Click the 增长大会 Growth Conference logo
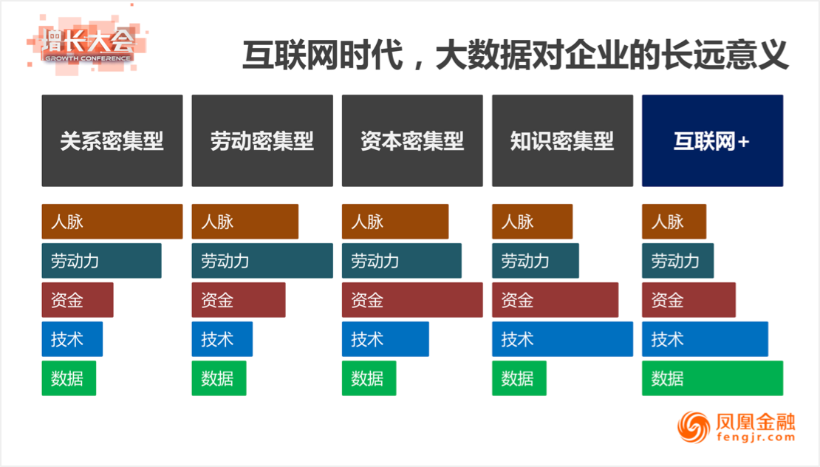(86, 44)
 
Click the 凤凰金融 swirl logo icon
(694, 426)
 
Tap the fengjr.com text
(756, 437)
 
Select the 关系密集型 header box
(112, 140)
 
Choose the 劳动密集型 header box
(262, 140)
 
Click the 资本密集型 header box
(412, 140)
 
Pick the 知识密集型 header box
(562, 140)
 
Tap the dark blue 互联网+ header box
(712, 140)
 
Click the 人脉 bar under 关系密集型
(112, 222)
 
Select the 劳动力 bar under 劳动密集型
(262, 260)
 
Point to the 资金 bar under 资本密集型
(412, 300)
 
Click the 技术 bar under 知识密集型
(562, 339)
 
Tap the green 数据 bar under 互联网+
(712, 378)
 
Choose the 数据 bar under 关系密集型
(69, 378)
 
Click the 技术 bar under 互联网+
(705, 339)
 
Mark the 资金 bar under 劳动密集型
(239, 300)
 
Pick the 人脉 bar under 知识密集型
(533, 222)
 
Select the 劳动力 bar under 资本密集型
(402, 260)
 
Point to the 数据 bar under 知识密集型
(519, 378)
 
